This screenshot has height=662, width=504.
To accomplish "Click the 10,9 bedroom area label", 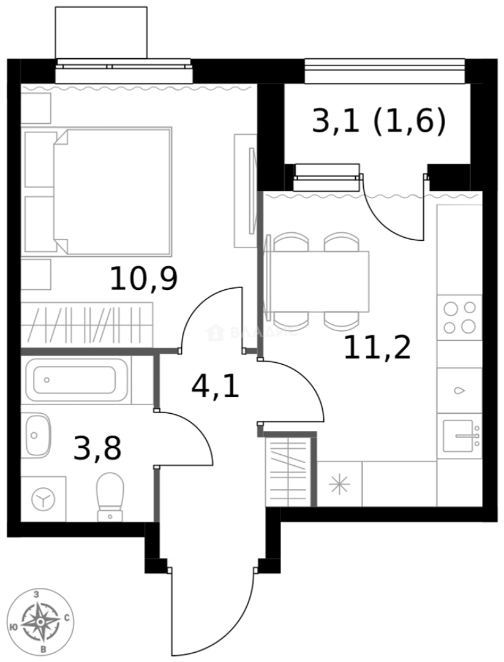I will tap(143, 279).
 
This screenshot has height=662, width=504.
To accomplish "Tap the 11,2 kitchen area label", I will tap(376, 348).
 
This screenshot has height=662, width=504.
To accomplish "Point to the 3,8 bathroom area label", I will tap(97, 447).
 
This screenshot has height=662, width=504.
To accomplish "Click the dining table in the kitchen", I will tap(318, 281).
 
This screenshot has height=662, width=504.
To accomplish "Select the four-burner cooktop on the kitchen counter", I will tap(459, 316).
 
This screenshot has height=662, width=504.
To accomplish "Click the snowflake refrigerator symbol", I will tap(339, 484).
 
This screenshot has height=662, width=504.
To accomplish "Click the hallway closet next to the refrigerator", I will tap(288, 469).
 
